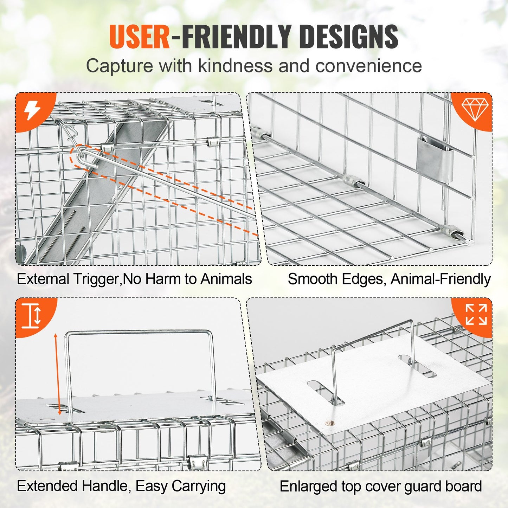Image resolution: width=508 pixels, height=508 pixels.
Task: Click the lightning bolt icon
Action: click(32, 111)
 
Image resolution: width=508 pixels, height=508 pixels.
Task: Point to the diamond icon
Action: click(475, 109)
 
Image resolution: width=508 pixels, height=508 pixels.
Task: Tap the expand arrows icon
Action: click(476, 314)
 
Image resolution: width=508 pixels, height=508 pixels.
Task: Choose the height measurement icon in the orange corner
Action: click(32, 315)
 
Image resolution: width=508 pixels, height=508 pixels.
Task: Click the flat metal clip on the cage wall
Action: click(434, 159)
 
